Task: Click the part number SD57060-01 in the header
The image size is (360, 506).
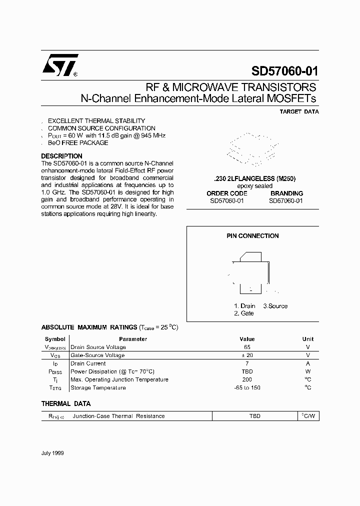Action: [x=283, y=71]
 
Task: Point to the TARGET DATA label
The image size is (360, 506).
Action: [x=299, y=112]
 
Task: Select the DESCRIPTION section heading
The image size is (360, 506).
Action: [x=61, y=156]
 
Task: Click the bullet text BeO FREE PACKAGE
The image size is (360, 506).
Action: [x=77, y=143]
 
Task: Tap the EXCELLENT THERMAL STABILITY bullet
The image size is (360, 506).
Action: [x=96, y=121]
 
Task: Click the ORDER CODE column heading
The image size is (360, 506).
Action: [x=227, y=193]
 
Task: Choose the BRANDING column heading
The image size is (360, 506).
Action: [x=286, y=193]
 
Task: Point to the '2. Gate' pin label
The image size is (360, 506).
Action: [x=243, y=313]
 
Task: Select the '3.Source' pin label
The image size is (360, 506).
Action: [x=275, y=306]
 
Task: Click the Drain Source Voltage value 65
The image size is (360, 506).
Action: [x=247, y=347]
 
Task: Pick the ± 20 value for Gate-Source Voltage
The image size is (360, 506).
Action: [x=247, y=355]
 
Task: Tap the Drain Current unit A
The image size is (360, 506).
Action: [x=308, y=363]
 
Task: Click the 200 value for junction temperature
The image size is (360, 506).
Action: [x=247, y=379]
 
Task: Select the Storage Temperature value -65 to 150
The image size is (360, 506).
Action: [x=247, y=388]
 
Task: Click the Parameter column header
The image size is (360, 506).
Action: [x=133, y=339]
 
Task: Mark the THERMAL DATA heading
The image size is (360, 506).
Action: [x=65, y=403]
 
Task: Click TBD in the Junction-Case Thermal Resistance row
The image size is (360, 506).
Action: [x=255, y=416]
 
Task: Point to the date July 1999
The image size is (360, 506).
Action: [x=52, y=453]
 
